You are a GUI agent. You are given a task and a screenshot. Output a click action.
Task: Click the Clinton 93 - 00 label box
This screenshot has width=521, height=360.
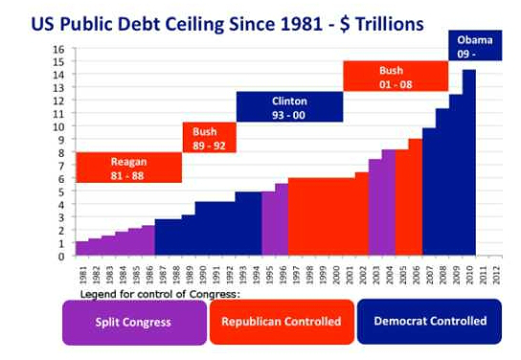point(289,106)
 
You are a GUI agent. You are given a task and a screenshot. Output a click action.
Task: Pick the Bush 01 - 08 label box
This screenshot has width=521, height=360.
point(396,76)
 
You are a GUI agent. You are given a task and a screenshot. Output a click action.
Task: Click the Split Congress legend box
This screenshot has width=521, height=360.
point(134,322)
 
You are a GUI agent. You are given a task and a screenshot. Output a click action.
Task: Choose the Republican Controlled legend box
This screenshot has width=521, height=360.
point(282,322)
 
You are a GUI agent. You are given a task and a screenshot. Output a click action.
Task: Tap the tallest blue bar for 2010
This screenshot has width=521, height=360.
point(469,163)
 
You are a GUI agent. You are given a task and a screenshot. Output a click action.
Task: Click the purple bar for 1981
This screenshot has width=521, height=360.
point(81,249)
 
